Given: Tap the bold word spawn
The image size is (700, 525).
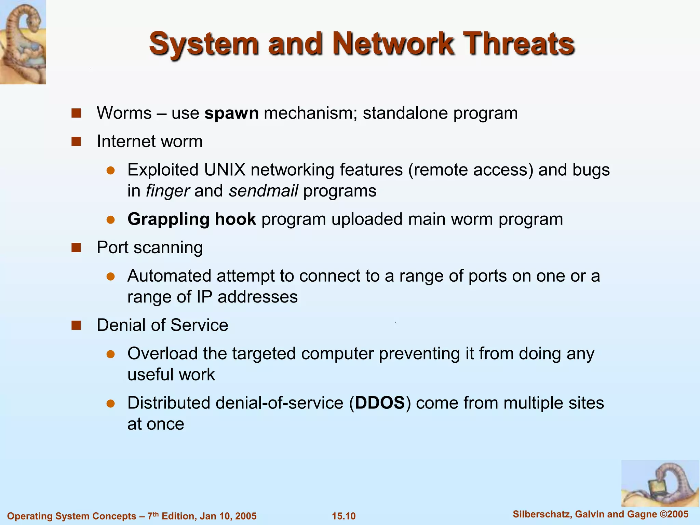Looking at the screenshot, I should click(231, 113).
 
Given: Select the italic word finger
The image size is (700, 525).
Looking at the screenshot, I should click(167, 191).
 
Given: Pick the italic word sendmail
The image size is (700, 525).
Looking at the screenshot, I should click(263, 191).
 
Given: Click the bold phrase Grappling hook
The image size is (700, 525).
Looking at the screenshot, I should click(191, 219).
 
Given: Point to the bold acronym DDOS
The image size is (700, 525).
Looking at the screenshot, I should click(380, 403).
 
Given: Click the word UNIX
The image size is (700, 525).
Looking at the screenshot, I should click(225, 170).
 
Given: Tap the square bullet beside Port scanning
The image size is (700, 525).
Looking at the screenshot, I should click(76, 247).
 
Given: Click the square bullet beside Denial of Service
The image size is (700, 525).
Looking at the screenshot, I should click(76, 325).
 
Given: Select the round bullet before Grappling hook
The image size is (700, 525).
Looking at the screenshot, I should click(110, 219).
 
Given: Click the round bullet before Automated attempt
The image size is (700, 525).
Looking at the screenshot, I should click(110, 276).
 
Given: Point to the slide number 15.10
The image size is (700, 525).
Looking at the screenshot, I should click(344, 516).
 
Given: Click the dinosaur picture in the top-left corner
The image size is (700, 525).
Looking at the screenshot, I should click(23, 42).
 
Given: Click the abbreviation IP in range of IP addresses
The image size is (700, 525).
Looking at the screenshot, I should click(204, 297).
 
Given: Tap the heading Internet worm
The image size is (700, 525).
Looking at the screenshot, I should click(149, 142).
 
